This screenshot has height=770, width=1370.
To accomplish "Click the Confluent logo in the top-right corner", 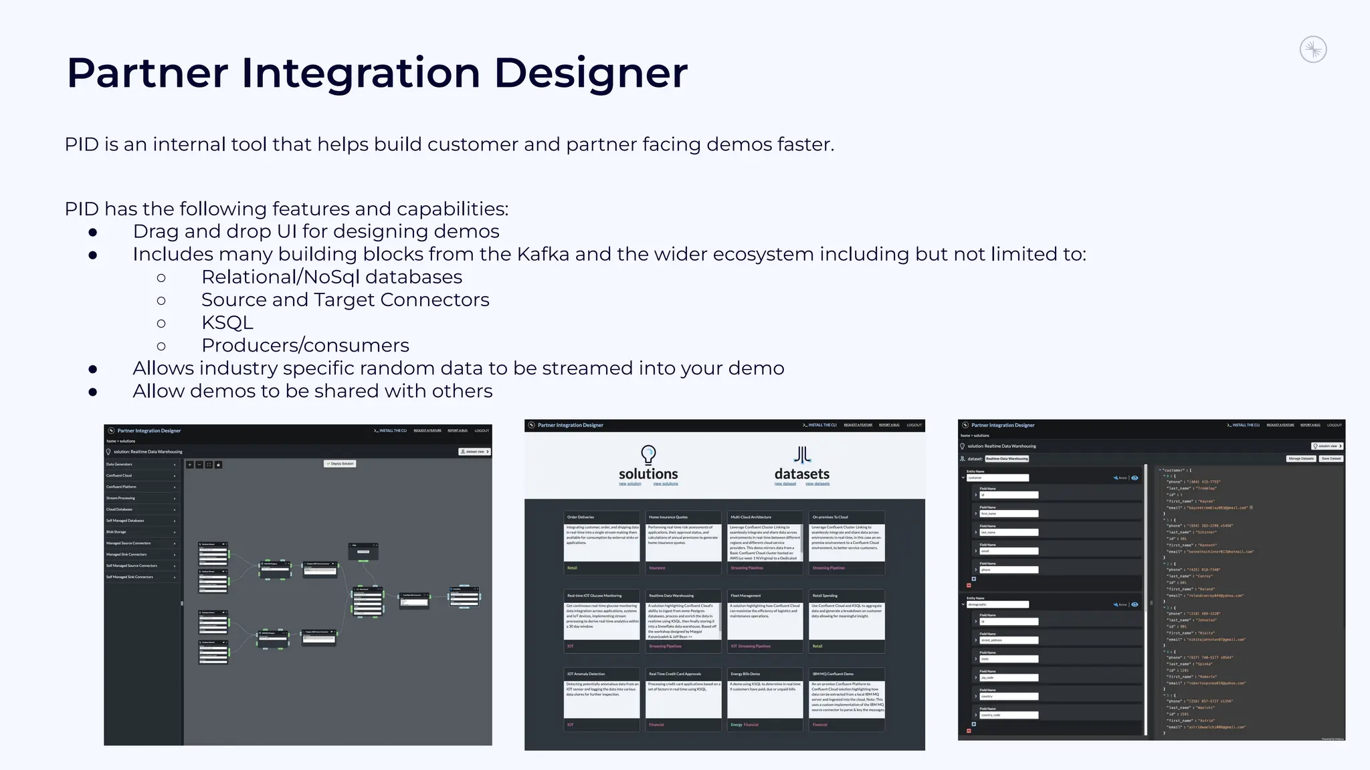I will [x=1313, y=50].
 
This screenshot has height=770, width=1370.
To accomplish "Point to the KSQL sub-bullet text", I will [x=227, y=323].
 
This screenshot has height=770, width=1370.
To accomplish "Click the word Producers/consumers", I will [x=305, y=346].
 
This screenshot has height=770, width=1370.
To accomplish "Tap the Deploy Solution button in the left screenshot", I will [x=340, y=463].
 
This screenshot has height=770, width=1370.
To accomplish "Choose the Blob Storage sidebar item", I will [x=116, y=532].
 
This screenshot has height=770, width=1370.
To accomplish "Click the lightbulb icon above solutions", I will [x=648, y=455].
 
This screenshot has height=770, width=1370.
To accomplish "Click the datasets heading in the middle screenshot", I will [x=801, y=474].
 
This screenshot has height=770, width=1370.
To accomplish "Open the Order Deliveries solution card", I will [x=601, y=542].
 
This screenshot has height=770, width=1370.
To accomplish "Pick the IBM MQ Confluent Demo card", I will [x=846, y=698].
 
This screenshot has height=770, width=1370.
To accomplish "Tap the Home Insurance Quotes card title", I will [x=668, y=517].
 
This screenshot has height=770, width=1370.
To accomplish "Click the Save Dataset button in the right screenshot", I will [x=1331, y=459].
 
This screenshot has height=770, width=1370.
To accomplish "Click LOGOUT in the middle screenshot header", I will [x=914, y=425].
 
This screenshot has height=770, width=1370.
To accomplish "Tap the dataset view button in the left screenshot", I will [x=474, y=452].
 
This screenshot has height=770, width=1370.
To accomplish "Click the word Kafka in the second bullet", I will [x=543, y=255].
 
